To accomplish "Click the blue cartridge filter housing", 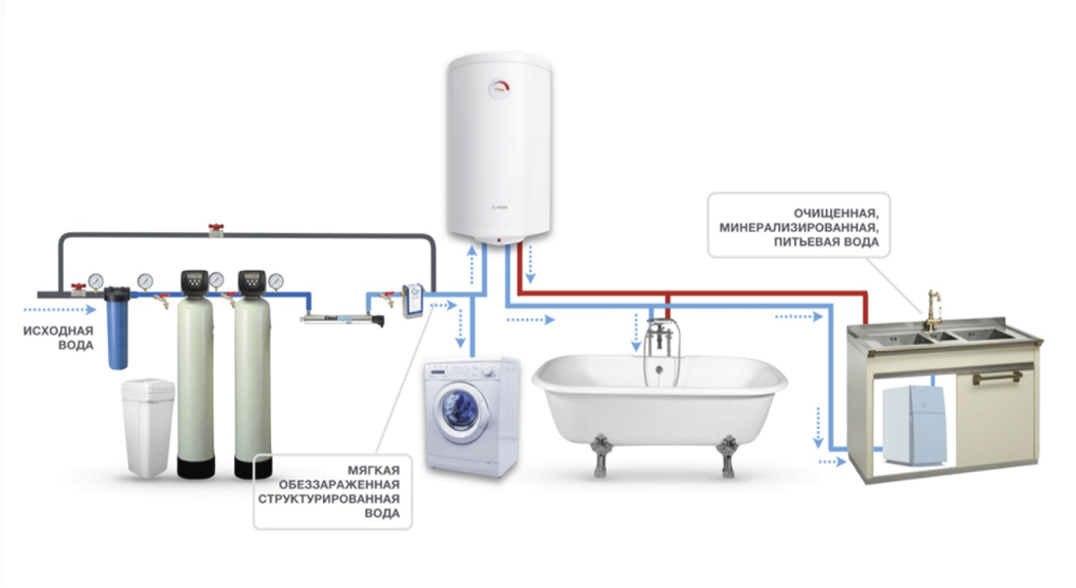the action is pyautogui.click(x=117, y=328).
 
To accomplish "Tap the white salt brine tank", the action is pyautogui.click(x=148, y=427).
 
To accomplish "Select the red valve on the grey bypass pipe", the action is pyautogui.click(x=216, y=229).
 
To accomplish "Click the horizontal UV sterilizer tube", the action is pyautogui.click(x=342, y=318).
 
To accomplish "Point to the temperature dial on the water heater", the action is pyautogui.click(x=499, y=89).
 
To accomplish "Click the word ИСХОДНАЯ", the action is pyautogui.click(x=58, y=331).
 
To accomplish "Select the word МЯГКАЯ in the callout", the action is pyautogui.click(x=373, y=470).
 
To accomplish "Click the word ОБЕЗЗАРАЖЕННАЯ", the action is pyautogui.click(x=339, y=485).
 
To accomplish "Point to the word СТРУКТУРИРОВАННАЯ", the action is pyautogui.click(x=329, y=499).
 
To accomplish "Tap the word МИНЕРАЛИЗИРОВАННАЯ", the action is pyautogui.click(x=799, y=228).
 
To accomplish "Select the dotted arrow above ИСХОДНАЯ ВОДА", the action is pyautogui.click(x=60, y=310).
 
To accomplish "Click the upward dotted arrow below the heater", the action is pyautogui.click(x=472, y=265).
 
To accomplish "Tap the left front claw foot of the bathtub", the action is pyautogui.click(x=600, y=454).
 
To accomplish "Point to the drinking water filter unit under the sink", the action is pyautogui.click(x=914, y=426).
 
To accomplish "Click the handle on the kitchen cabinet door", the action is pyautogui.click(x=998, y=378).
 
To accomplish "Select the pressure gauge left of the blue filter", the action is pyautogui.click(x=95, y=280).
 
